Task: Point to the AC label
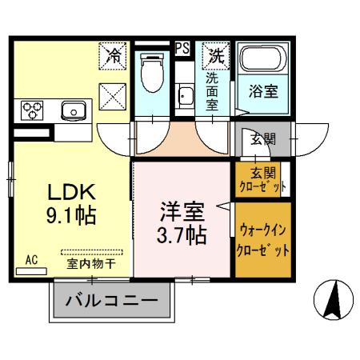click(x=31, y=260)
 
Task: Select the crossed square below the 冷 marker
click(x=113, y=97)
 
